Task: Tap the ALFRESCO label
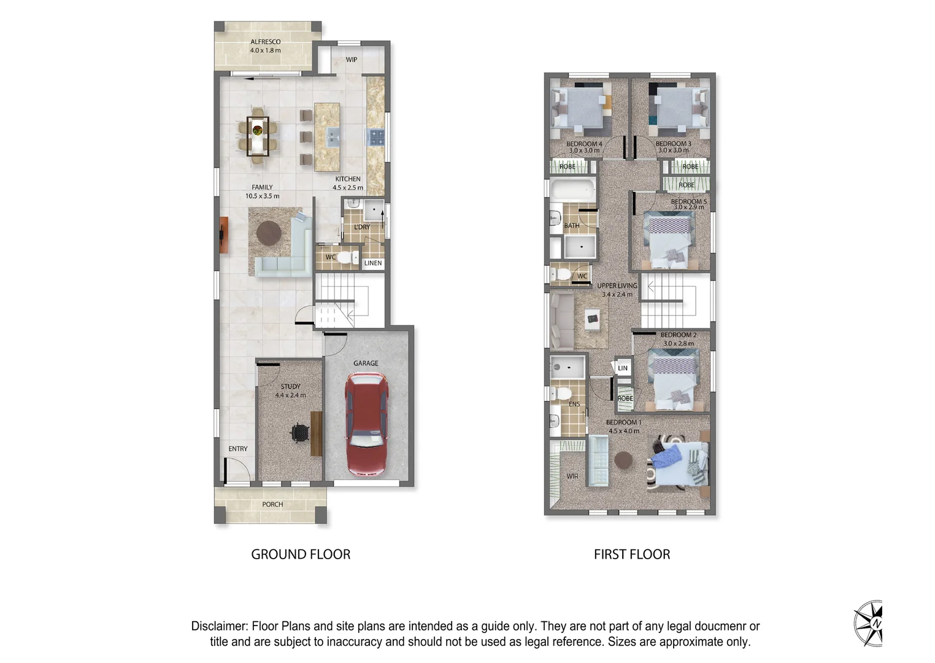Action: coord(265,42)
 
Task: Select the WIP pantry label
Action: coord(351,60)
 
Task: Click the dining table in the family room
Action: coord(258,136)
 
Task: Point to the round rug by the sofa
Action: coord(269,233)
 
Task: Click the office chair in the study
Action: coord(299,433)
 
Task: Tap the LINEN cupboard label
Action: coord(373,263)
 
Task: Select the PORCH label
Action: coord(272,505)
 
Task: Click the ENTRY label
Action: coord(238,449)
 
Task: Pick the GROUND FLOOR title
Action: coord(301,554)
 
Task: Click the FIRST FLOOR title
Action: coord(632,554)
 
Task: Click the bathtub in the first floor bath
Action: coord(572,190)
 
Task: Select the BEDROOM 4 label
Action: coord(583,144)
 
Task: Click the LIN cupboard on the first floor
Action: coord(623,368)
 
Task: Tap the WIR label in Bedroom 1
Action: coord(572,476)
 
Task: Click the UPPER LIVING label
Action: coord(617,285)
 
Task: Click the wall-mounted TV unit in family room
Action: coord(223,235)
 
